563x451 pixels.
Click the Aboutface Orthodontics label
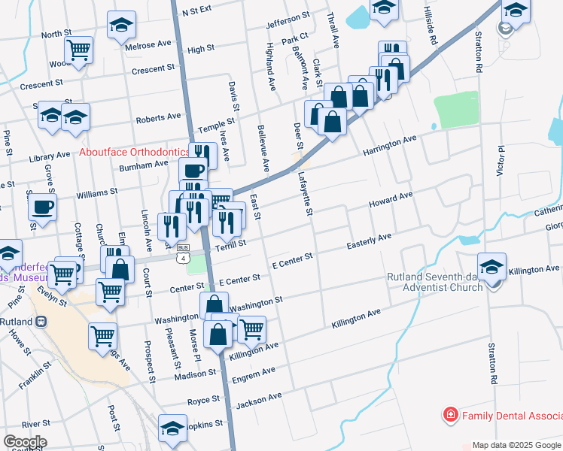coord(135,152)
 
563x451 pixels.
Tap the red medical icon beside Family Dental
coord(450,415)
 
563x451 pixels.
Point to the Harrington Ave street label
coord(391,141)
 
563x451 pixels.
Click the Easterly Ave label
coord(369,241)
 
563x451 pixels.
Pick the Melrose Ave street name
coord(148,45)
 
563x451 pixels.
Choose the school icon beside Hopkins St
coord(172,428)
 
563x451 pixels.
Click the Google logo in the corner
coord(25,441)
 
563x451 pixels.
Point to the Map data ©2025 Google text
coord(516,445)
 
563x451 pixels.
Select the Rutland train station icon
coord(41,321)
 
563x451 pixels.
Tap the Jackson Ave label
coord(258,400)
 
